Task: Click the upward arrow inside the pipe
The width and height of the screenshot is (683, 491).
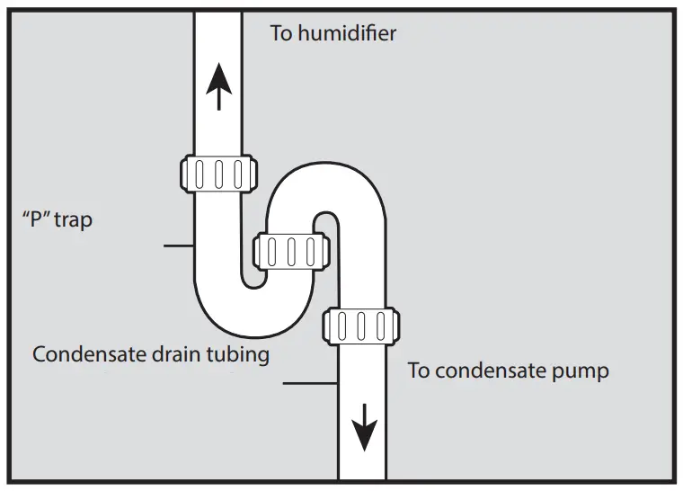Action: (218, 88)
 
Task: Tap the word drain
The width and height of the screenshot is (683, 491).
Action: (167, 354)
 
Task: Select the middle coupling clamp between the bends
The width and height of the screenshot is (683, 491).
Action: (289, 251)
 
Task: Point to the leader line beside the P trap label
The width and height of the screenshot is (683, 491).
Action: (179, 245)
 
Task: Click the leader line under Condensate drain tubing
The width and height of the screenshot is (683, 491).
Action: (310, 384)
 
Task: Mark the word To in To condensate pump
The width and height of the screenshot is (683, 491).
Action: (418, 370)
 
